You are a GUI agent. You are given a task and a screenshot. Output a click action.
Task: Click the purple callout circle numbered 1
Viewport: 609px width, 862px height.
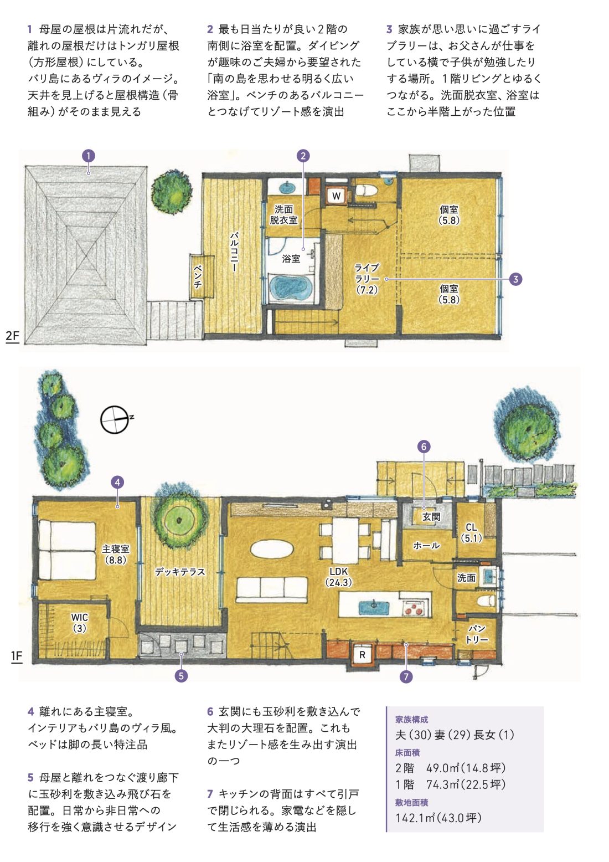89,156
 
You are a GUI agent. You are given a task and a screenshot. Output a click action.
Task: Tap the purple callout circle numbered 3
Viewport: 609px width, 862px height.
515,279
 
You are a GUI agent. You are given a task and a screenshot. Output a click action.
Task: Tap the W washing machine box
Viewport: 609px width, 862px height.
336,196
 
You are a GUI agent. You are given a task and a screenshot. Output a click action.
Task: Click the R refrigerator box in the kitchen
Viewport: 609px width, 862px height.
362,655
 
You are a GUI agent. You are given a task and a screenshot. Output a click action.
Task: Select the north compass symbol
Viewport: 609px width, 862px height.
115,419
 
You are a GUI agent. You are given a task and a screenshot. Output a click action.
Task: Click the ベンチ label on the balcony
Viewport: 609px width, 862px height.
198,276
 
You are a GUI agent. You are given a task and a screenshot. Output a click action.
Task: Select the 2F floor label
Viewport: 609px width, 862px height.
12,336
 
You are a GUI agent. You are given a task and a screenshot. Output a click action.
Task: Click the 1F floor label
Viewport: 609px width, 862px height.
17,656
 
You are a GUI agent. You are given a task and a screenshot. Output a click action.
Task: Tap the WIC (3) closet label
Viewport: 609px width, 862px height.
80,623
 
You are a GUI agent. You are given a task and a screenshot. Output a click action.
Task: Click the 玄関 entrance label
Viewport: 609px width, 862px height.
431,517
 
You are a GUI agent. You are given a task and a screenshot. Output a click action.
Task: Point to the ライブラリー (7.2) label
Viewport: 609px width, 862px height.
367,279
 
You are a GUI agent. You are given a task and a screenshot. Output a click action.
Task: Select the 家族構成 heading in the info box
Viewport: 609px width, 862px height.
411,719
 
